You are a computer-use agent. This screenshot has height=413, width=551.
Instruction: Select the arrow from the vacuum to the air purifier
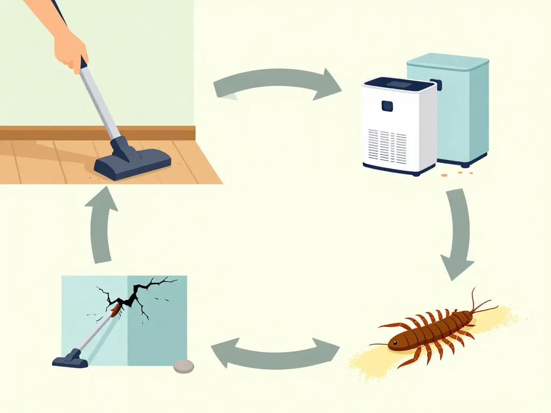[277, 83]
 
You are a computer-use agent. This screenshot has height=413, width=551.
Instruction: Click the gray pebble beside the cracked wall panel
[183, 366]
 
